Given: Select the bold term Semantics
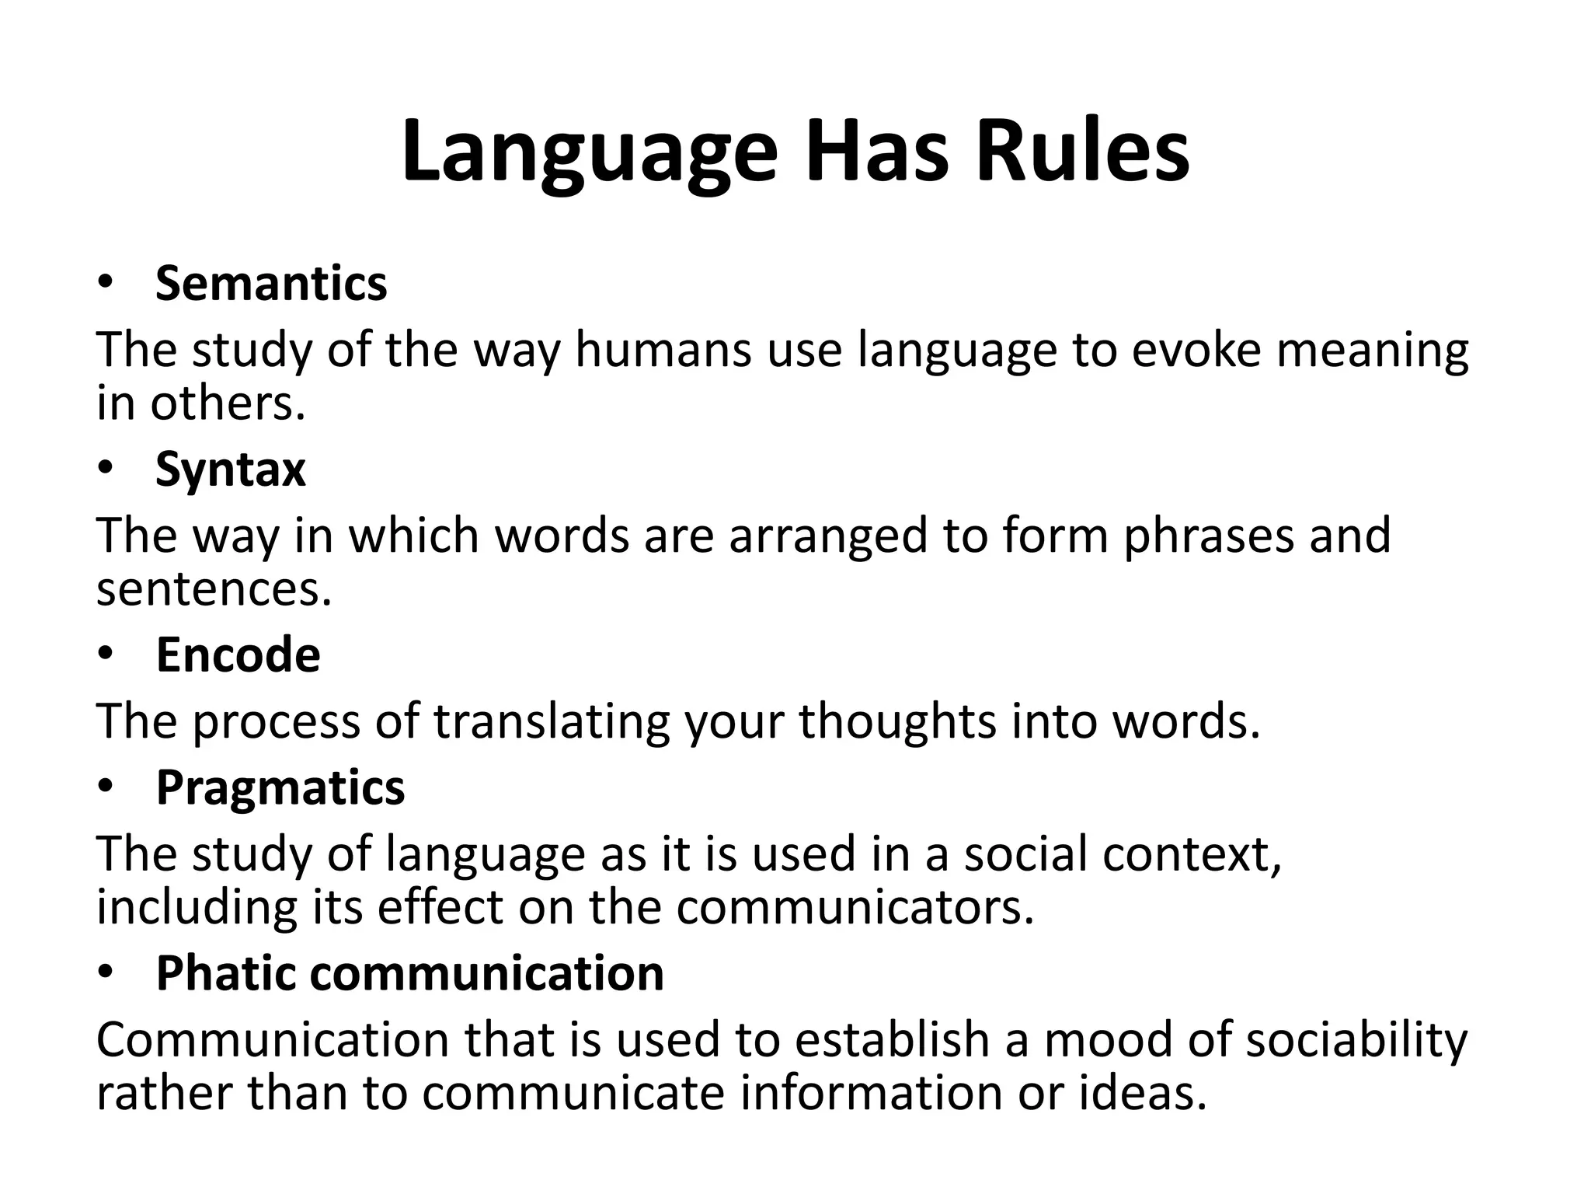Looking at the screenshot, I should pos(271,283).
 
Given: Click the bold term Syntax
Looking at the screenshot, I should pos(231,470).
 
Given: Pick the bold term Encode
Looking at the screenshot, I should pos(238,655).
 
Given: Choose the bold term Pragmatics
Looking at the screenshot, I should pos(280,788).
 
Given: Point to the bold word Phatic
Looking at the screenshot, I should pos(225,972).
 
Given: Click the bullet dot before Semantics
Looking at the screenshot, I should pos(106,283).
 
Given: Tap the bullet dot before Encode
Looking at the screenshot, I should pos(106,655).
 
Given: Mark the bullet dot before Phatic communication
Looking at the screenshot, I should pos(106,972).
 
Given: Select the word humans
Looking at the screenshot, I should pos(663,349).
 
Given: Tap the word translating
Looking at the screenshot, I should pos(551,721).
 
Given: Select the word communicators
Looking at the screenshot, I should pos(855,907).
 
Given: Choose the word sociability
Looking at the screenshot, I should pos(1356,1039).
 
